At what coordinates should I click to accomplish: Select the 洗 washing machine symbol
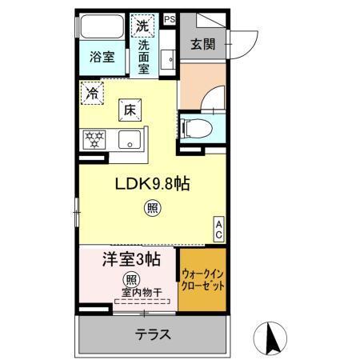tap(142, 26)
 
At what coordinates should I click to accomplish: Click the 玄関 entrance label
tap(202, 43)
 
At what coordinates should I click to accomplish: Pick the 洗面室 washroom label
tap(143, 58)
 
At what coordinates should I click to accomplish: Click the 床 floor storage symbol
tap(128, 110)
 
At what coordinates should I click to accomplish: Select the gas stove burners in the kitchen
tap(94, 141)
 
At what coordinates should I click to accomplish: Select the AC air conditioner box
tap(217, 230)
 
